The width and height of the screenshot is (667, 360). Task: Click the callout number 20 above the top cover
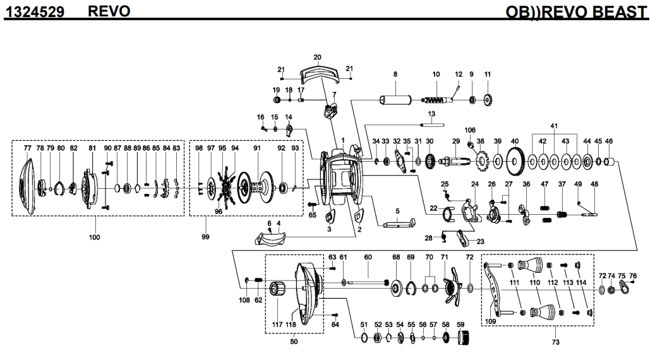[x=317, y=57]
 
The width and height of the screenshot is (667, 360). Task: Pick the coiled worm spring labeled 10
[x=436, y=100]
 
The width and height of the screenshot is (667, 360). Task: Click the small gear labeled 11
[x=488, y=100]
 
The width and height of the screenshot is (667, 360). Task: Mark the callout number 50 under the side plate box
[x=294, y=342]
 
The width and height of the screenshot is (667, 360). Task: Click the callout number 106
[x=470, y=130]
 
